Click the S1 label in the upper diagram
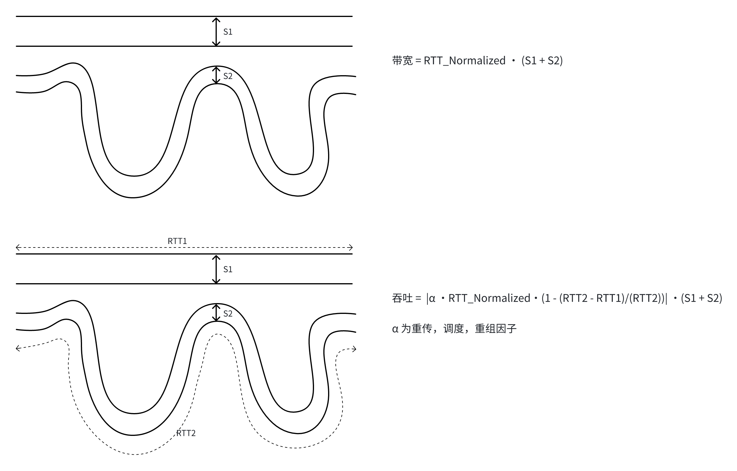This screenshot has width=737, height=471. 228,32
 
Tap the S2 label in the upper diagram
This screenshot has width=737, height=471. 228,76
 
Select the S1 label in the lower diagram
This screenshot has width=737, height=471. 228,269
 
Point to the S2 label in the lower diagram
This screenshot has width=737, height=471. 228,314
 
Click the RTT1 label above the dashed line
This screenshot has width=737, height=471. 177,241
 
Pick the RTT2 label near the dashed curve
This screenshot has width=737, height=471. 186,433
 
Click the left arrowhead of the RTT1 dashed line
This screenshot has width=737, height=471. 18,247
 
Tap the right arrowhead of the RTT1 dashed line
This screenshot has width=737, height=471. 351,247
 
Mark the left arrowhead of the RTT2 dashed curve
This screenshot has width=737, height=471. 18,348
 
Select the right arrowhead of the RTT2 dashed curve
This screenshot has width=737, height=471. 354,349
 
